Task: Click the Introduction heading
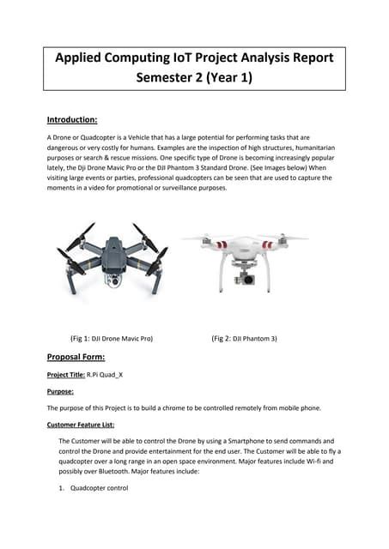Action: (71, 119)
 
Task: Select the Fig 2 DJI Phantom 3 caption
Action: (244, 338)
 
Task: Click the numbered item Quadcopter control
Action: (99, 488)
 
